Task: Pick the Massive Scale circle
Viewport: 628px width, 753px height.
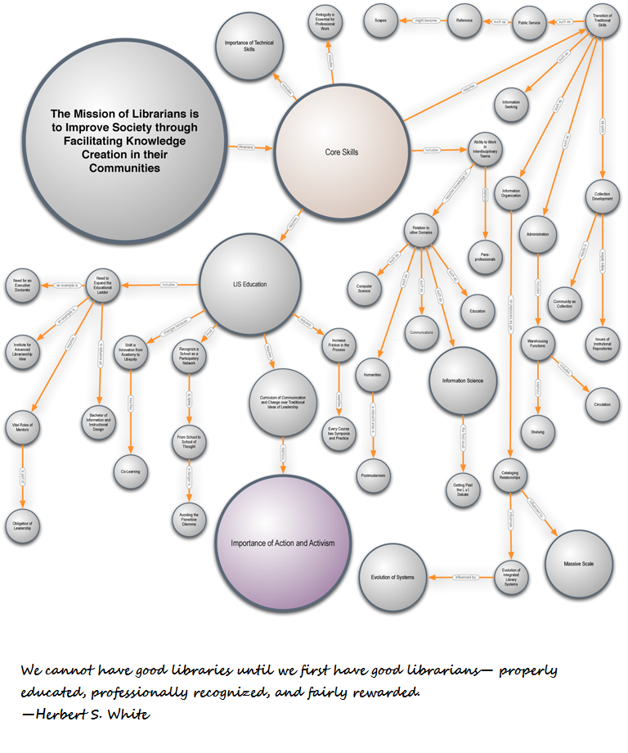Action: [578, 565]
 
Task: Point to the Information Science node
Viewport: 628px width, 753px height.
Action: [463, 381]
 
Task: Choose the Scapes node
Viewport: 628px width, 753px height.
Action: [380, 21]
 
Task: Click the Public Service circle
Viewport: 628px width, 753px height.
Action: [529, 23]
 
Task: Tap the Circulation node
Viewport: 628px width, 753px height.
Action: [602, 404]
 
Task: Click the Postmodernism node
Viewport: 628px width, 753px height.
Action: [373, 475]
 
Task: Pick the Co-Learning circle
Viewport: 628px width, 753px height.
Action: [131, 472]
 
